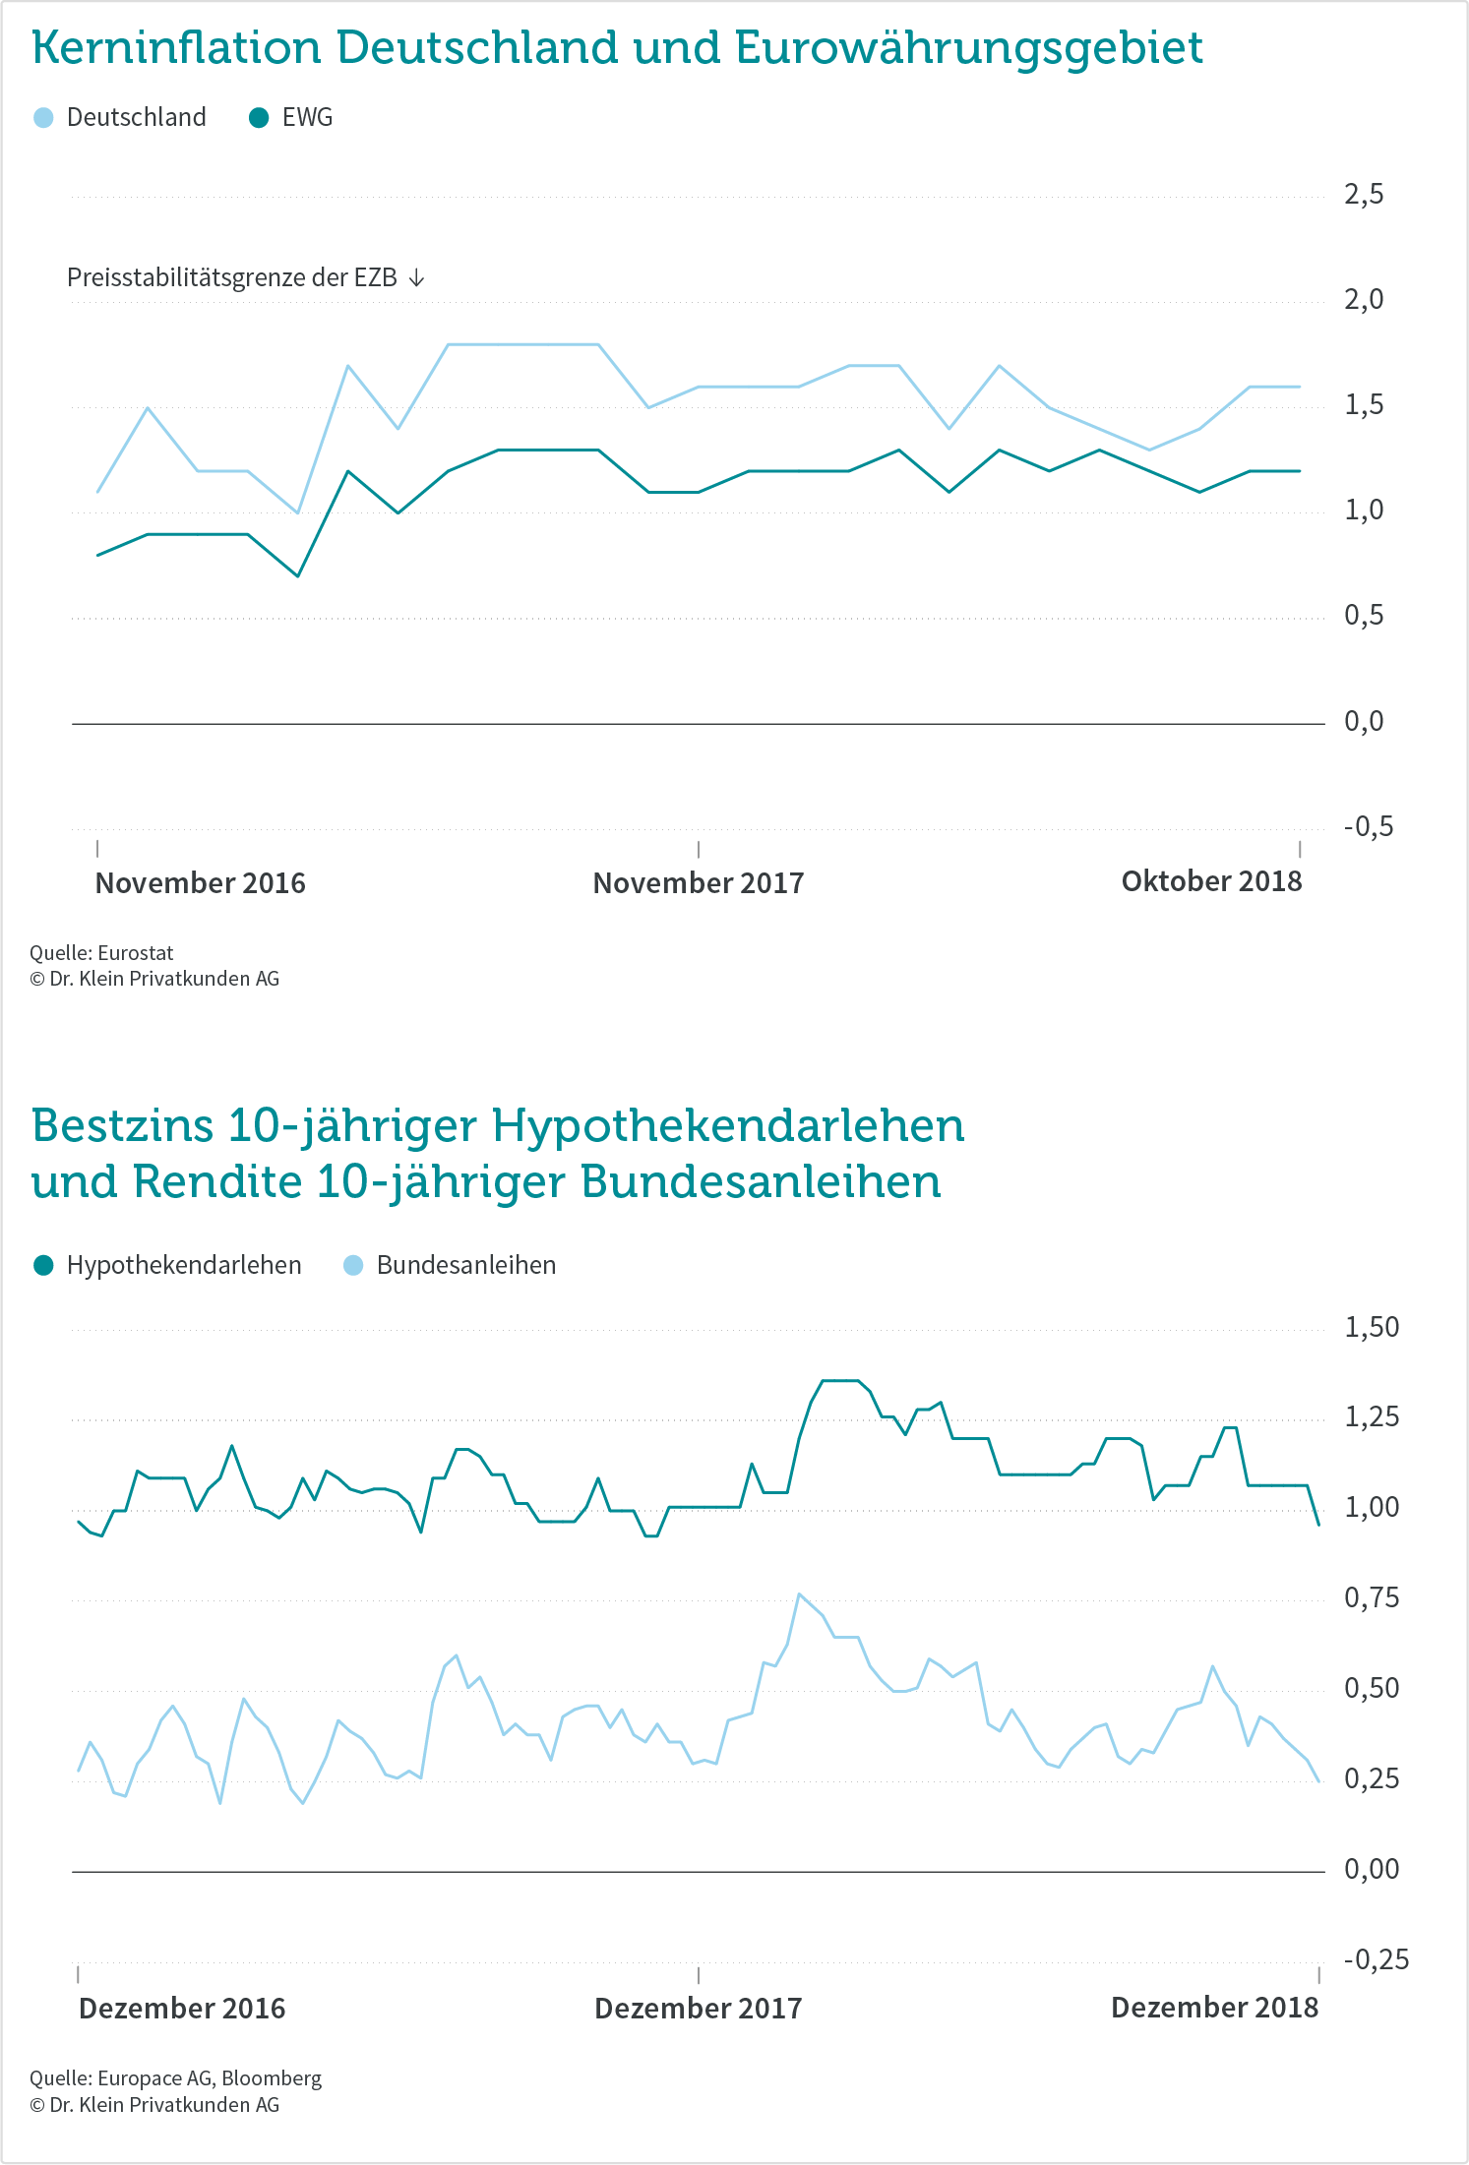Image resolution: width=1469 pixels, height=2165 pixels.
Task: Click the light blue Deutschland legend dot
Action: [43, 118]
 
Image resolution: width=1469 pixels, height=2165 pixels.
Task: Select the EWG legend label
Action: [307, 118]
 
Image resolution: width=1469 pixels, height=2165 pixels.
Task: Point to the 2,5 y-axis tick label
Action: [1364, 195]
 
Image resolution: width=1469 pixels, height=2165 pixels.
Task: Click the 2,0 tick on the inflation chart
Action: [1364, 299]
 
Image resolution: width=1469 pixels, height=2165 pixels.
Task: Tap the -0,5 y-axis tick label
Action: [1369, 826]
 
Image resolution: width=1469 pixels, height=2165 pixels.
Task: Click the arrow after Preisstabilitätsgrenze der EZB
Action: [416, 278]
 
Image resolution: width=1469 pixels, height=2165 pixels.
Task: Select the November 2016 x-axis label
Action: [201, 883]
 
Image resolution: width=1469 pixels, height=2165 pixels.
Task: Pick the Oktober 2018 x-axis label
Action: [1211, 881]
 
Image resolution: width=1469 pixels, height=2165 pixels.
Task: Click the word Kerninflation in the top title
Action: [177, 47]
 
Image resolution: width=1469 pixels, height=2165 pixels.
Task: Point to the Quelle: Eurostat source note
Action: [101, 952]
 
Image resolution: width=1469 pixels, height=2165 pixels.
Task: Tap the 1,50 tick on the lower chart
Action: [1372, 1328]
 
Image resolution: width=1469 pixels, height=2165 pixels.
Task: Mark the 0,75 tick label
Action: [1372, 1598]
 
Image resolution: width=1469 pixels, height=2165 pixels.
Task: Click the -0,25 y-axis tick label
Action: [1377, 1959]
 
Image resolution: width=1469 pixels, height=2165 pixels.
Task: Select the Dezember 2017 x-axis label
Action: [699, 2009]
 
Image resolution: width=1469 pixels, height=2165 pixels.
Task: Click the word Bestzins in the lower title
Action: [122, 1125]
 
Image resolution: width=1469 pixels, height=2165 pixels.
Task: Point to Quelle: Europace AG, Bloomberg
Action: [175, 2078]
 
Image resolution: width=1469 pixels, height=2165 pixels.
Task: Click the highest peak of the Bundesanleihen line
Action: [799, 1594]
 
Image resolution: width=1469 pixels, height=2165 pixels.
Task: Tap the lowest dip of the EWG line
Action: [298, 575]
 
